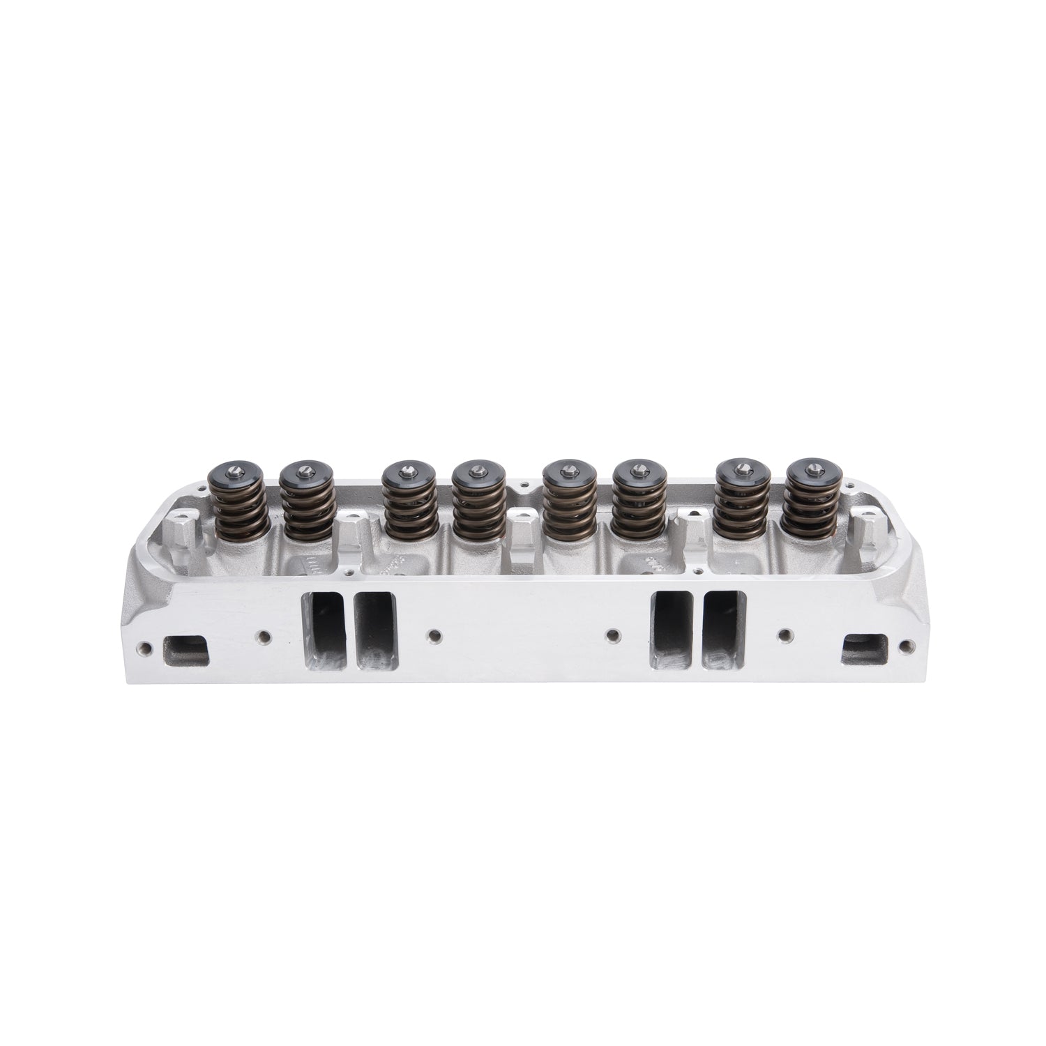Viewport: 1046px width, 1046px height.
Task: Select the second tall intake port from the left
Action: click(375, 632)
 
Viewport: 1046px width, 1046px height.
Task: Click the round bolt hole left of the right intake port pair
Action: click(612, 636)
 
